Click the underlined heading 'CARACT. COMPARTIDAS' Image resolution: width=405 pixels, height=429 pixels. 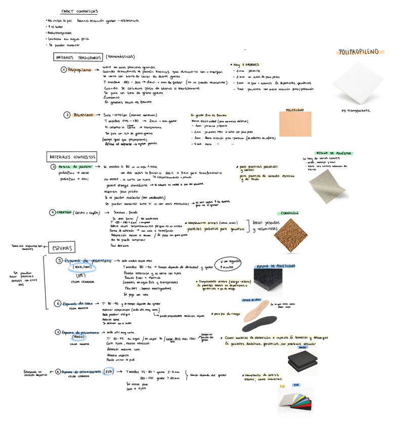[79, 11]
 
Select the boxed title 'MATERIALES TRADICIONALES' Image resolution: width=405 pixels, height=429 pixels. [77, 58]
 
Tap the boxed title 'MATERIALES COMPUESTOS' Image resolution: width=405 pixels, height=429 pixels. [73, 157]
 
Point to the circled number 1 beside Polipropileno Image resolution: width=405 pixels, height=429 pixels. [63, 70]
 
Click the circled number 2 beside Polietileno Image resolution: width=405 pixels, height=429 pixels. [67, 115]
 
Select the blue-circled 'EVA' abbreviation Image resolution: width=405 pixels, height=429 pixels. [108, 372]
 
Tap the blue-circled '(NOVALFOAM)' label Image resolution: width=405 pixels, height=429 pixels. [81, 267]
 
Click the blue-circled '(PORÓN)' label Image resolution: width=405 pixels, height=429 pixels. [78, 337]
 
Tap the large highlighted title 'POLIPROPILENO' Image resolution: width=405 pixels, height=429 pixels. [359, 52]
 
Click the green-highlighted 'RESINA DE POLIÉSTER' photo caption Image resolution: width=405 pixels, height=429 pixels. [334, 153]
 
